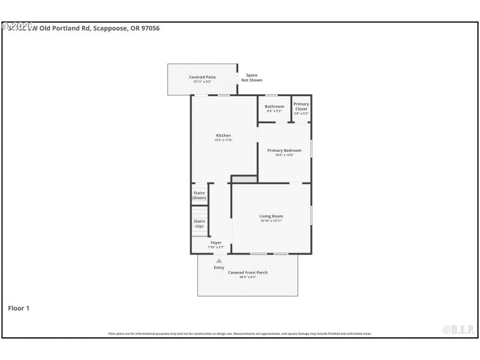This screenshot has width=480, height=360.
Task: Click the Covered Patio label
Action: (x=202, y=77)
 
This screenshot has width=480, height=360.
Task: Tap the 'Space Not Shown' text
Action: (x=251, y=78)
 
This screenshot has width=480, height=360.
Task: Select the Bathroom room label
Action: (x=274, y=107)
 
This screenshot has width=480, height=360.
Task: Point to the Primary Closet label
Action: (x=301, y=107)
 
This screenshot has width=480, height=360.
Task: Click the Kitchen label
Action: (x=223, y=136)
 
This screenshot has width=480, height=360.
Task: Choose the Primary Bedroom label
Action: (x=284, y=151)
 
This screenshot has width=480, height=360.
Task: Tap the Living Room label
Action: (x=271, y=217)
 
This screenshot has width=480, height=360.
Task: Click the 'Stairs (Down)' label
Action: (x=199, y=196)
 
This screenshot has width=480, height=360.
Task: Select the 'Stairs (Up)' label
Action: (x=199, y=224)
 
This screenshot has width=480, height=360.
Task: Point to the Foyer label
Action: (x=215, y=243)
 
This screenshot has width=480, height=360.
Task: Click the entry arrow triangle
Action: (x=219, y=261)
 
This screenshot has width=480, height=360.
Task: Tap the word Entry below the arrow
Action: (x=219, y=268)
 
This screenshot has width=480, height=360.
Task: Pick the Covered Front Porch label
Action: (x=248, y=273)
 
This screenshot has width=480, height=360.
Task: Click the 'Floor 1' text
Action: (x=19, y=308)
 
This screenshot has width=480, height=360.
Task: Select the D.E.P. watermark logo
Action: (x=458, y=329)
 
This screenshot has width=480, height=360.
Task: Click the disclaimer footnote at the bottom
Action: (x=239, y=334)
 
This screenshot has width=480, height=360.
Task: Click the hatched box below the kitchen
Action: (x=244, y=179)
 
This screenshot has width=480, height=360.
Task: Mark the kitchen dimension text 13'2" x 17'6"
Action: (x=223, y=140)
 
